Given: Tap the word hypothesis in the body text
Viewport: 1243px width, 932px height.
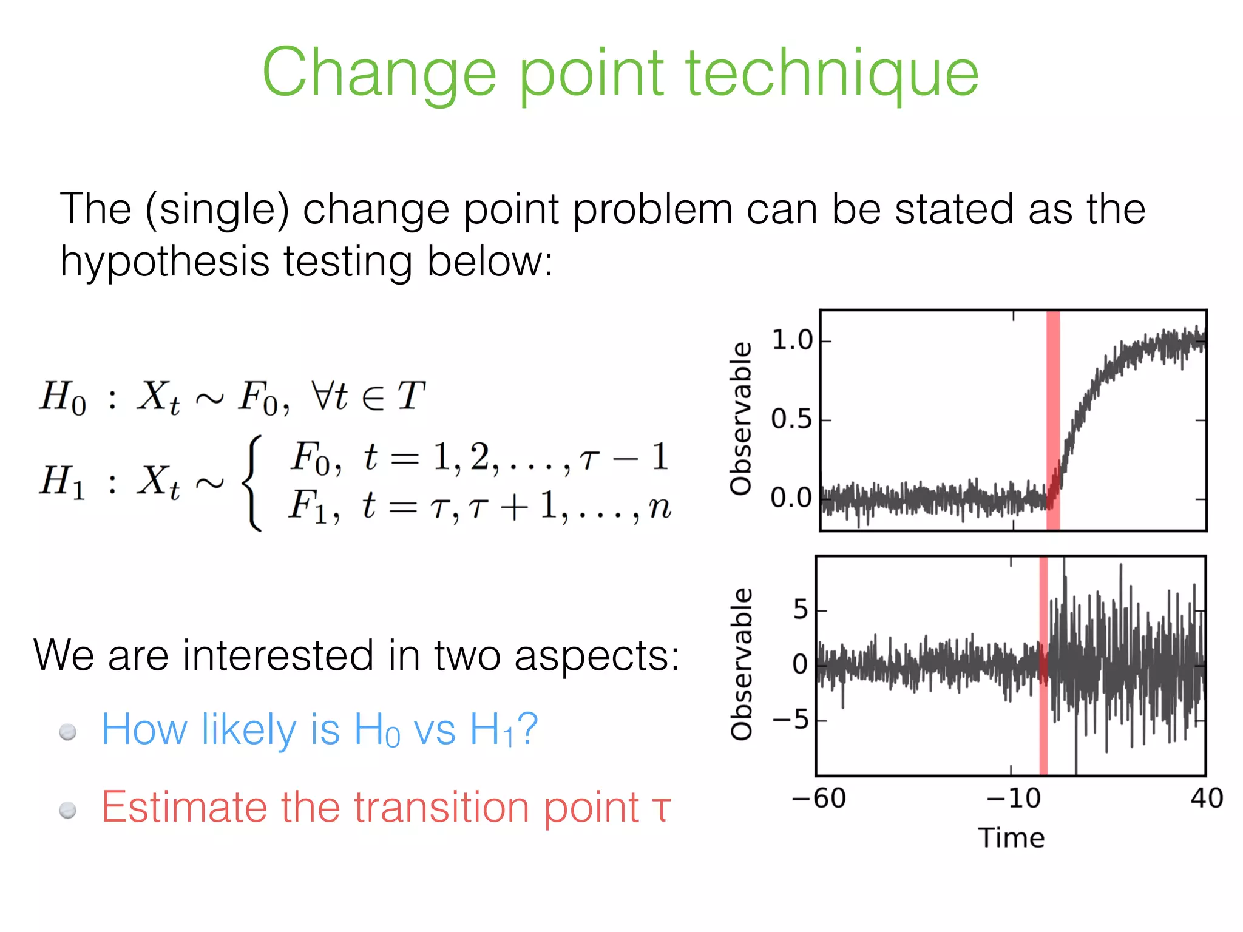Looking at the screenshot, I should tap(164, 262).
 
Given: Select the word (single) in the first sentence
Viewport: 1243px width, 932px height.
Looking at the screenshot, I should tap(217, 210).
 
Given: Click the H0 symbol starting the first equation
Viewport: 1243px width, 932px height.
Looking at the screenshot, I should tap(63, 397).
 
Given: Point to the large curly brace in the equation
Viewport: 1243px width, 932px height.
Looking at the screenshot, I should tap(252, 482).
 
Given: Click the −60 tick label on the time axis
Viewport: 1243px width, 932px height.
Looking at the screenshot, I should tap(819, 798).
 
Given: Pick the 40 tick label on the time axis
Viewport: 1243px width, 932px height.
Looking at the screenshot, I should tap(1206, 798).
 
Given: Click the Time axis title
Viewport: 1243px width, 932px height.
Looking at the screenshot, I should tap(1011, 838).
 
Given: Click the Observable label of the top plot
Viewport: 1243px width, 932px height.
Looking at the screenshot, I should tap(741, 419).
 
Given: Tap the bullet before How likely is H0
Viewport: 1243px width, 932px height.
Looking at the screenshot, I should tap(68, 732).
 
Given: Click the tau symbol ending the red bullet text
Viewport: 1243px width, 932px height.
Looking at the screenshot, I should tap(661, 809).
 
